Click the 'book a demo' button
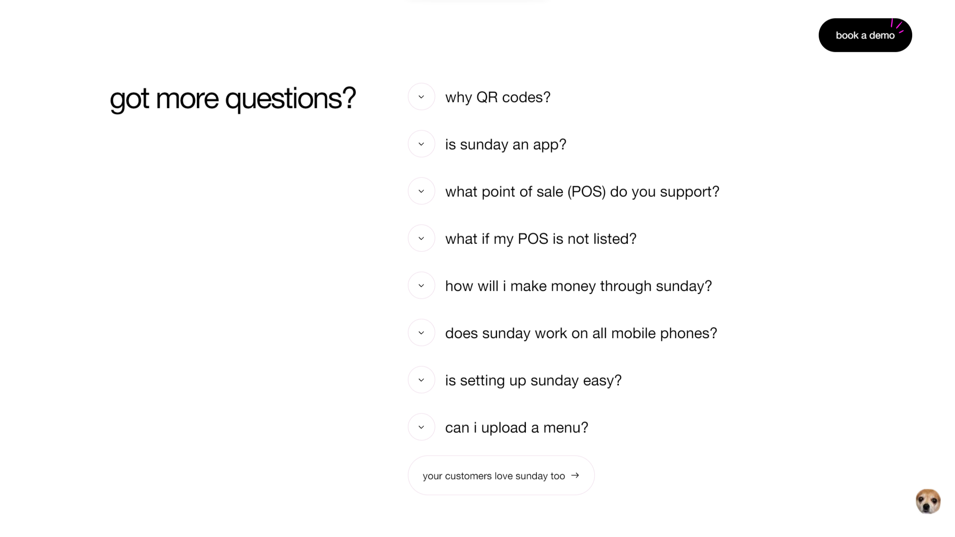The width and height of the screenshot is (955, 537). [865, 35]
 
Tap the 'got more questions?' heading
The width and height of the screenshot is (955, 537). [233, 98]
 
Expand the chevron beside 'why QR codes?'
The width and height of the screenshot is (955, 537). [421, 97]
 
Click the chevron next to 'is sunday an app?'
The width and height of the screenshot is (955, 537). [421, 144]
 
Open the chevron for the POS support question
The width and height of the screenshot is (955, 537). [421, 191]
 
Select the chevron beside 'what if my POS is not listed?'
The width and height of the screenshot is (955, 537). [421, 238]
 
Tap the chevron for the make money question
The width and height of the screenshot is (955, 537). [421, 286]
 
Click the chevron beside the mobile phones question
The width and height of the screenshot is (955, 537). [421, 333]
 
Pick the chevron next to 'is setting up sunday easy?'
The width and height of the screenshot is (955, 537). [421, 380]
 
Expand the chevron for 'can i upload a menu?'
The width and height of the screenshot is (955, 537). [421, 427]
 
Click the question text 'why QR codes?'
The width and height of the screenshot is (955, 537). [498, 97]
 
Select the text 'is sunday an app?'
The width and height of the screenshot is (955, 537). [506, 145]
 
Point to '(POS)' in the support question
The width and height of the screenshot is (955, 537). [586, 192]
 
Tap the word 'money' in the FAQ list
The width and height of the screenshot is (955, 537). [573, 287]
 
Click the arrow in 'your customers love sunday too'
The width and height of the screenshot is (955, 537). [575, 475]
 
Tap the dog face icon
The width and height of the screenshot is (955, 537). [928, 501]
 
